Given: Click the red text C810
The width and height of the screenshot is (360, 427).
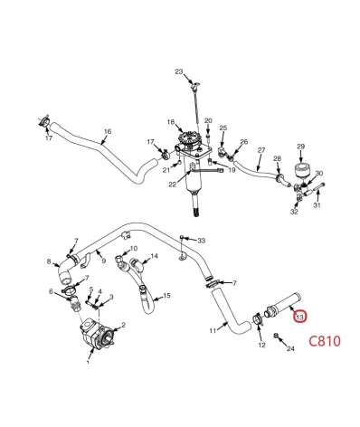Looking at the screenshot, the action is click(x=325, y=341).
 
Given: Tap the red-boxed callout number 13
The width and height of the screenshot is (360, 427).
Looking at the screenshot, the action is click(x=300, y=317).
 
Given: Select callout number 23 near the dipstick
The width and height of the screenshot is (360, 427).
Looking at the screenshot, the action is click(x=179, y=71).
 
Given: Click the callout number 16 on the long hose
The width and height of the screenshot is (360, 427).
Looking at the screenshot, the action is click(x=108, y=131).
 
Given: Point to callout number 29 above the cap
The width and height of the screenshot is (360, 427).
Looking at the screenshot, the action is click(x=301, y=147).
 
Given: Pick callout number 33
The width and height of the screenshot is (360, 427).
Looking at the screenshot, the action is click(x=202, y=241).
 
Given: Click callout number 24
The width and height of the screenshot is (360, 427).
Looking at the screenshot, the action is click(x=290, y=348).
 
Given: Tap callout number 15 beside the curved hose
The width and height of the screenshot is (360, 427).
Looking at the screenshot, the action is click(x=166, y=296).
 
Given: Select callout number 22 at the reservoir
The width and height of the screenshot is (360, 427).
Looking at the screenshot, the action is click(x=173, y=185).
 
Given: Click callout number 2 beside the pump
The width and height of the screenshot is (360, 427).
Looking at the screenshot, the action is click(x=123, y=325).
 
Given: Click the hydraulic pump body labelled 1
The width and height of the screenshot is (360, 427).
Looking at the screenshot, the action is click(x=97, y=334).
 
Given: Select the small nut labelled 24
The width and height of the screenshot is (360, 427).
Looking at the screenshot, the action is click(x=276, y=336).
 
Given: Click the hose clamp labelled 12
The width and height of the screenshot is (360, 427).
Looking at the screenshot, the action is click(x=258, y=319).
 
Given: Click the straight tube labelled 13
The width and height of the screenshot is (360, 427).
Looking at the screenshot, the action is click(x=283, y=305).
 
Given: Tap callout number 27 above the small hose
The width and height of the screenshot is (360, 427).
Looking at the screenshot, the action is click(x=261, y=150).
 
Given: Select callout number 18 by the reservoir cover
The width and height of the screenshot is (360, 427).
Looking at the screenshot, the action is click(x=171, y=122).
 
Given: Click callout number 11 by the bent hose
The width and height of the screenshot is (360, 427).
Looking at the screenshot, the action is click(x=213, y=330).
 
